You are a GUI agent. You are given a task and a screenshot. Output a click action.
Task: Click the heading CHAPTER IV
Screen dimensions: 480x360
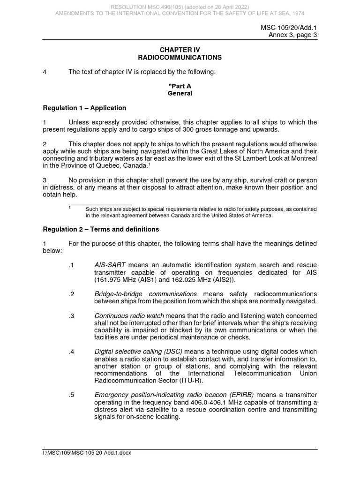pyautogui.click(x=180, y=50)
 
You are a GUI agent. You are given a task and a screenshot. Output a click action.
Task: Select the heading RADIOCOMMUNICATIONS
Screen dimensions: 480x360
pyautogui.click(x=180, y=58)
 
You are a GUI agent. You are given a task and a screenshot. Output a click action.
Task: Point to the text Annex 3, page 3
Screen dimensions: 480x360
pyautogui.click(x=292, y=36)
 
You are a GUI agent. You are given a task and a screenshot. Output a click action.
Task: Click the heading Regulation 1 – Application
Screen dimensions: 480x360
pyautogui.click(x=84, y=108)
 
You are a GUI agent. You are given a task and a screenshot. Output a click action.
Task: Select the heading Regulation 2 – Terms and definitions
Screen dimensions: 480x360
pyautogui.click(x=101, y=229)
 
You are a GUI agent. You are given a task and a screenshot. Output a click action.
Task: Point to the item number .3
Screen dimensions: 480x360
pyautogui.click(x=71, y=315)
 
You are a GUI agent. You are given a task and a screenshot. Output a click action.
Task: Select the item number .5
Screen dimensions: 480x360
pyautogui.click(x=71, y=395)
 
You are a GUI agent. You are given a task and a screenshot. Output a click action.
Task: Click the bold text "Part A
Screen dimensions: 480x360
pyautogui.click(x=180, y=86)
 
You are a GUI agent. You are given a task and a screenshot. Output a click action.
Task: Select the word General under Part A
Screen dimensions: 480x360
pyautogui.click(x=180, y=93)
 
